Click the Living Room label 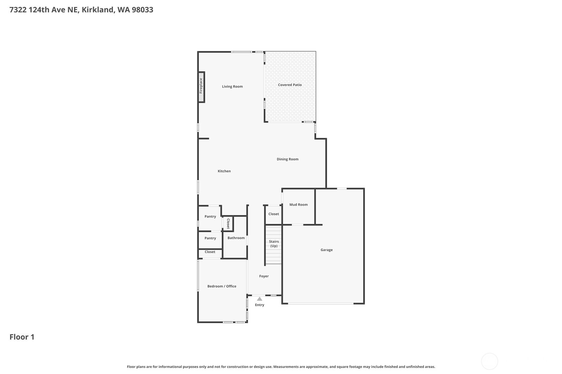tap(232, 87)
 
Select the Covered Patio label tap(290, 85)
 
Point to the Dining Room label tap(287, 159)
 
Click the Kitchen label tap(224, 171)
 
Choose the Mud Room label tap(298, 205)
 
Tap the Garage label tap(327, 250)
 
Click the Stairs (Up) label tap(274, 244)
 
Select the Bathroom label tap(236, 238)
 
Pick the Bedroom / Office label tap(222, 286)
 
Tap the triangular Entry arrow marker tap(260, 299)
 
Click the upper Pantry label tap(210, 217)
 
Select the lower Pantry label tap(210, 238)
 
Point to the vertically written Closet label tap(228, 224)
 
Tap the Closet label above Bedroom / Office tap(210, 252)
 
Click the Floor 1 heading tap(22, 337)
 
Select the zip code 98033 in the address tap(142, 10)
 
